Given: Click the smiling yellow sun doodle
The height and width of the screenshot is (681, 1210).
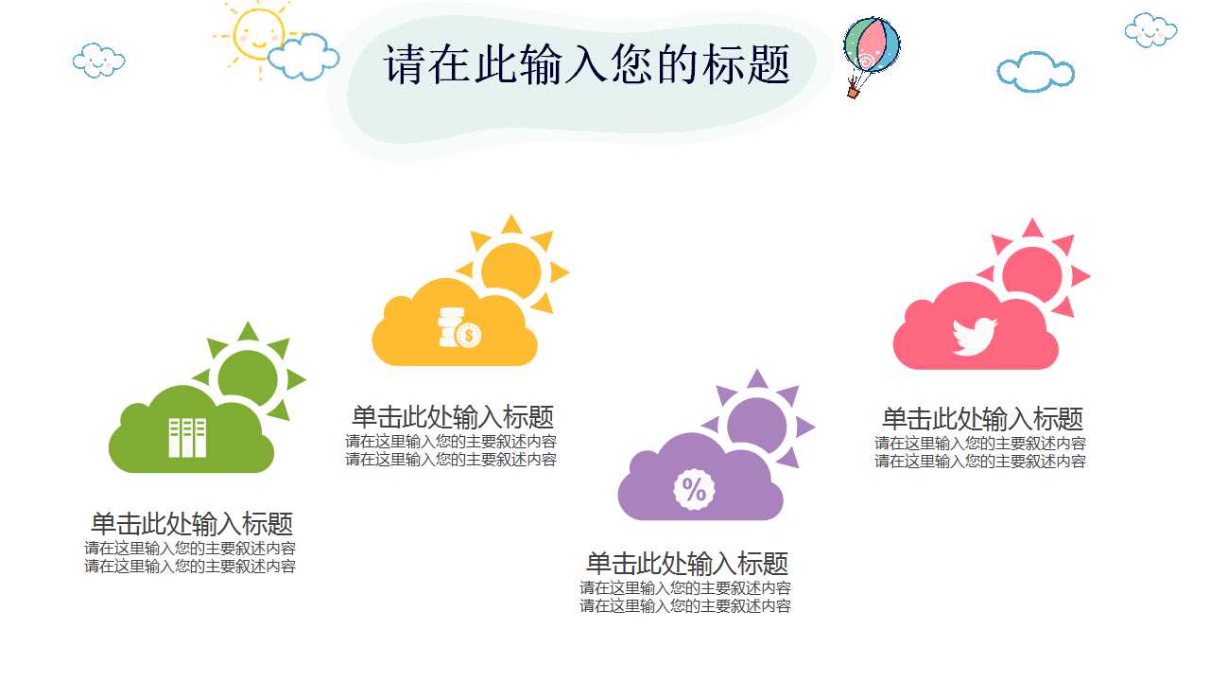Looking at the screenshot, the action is tap(258, 34).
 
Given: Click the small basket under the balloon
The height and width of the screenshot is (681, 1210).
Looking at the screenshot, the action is tap(853, 93).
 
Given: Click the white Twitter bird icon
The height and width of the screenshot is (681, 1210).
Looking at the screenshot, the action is tap(974, 336).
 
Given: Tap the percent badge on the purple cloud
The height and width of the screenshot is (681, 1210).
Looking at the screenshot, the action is tap(694, 490).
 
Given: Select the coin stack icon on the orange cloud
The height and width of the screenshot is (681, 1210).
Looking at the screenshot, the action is tap(459, 327).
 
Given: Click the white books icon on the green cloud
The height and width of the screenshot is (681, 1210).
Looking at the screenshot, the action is tap(187, 438).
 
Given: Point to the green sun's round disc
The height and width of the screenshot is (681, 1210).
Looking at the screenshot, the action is tap(248, 378).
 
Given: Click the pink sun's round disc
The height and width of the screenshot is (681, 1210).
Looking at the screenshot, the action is tap(1031, 274).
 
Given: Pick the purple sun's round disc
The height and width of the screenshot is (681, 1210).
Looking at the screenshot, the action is tap(756, 426).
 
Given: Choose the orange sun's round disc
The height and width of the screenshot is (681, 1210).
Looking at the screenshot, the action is tap(510, 271).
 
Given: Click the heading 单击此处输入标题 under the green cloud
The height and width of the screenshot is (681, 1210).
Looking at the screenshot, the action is tap(192, 524).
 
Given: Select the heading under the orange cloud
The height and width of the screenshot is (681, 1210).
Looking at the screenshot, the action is tap(453, 417).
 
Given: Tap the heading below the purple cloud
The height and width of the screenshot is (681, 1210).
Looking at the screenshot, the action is tap(687, 564).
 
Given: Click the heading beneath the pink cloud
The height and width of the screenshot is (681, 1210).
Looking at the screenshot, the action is tap(982, 419).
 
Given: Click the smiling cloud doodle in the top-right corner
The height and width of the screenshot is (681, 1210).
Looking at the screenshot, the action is tap(1150, 30).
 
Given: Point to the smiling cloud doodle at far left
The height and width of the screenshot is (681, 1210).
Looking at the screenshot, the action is tap(99, 61).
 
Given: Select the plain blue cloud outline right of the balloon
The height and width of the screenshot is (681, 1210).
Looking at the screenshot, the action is tap(1035, 72).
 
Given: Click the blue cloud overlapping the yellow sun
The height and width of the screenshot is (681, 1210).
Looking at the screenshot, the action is tap(303, 57).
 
